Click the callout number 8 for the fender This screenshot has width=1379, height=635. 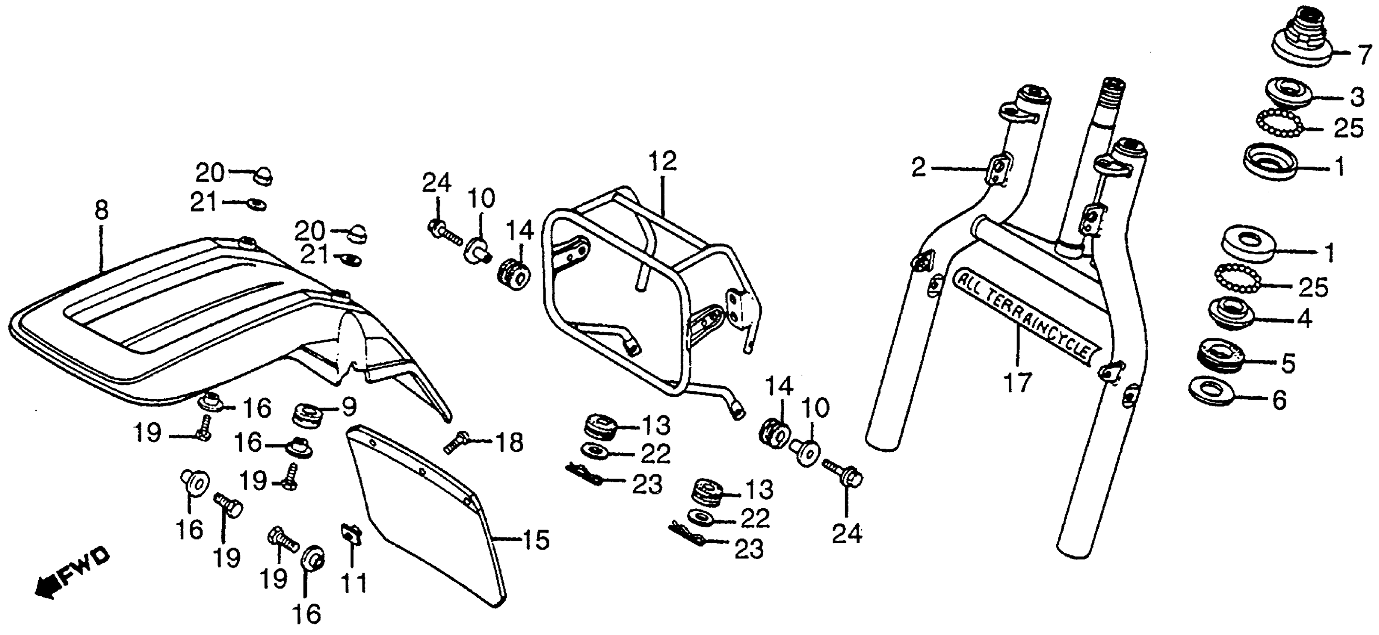[x=101, y=210]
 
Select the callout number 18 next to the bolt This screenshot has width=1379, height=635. [x=509, y=443]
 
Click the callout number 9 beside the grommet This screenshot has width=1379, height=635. [x=348, y=408]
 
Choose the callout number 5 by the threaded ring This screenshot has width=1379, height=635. [x=1288, y=363]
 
